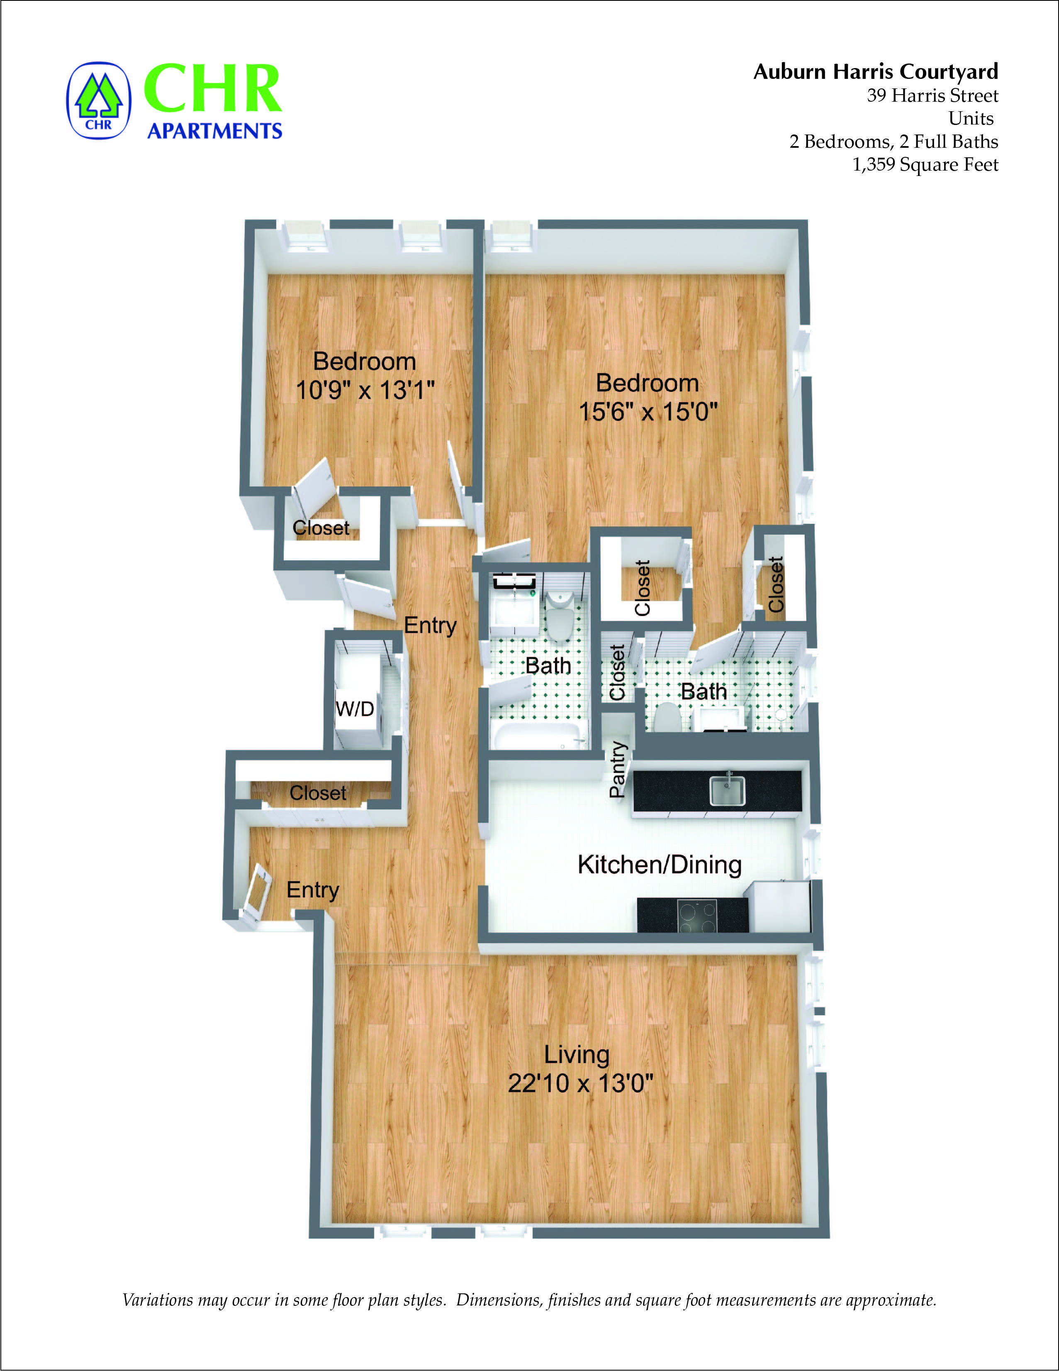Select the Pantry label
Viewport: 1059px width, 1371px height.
pos(618,769)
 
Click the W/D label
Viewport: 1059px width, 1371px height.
pos(355,709)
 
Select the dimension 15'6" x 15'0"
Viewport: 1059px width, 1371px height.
pos(648,412)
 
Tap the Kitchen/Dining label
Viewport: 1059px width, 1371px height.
pos(660,865)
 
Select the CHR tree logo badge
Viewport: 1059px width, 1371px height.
pos(98,100)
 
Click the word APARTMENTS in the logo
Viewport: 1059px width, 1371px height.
pos(214,131)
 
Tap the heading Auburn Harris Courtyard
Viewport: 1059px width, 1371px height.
pos(875,71)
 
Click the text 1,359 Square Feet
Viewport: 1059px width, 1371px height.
pos(925,164)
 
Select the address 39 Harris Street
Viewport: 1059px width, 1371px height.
pos(932,95)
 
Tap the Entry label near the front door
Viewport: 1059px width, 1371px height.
pos(312,890)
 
